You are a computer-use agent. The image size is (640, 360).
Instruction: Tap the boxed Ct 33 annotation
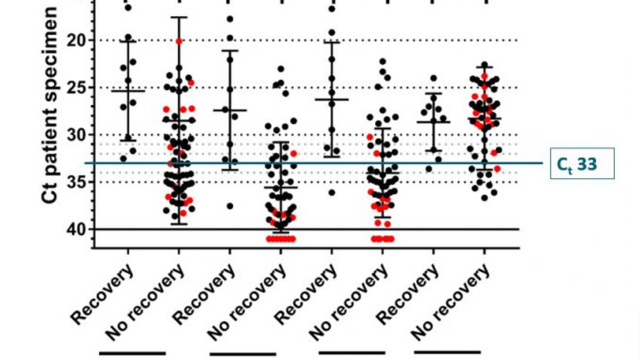pos(582,164)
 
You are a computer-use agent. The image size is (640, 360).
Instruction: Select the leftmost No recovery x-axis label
pos(145,302)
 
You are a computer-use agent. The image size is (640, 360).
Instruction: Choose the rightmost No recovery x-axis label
pos(450,302)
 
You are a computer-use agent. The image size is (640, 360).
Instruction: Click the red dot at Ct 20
pos(179,41)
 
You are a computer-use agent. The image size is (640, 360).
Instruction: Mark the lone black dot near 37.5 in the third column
pos(230,206)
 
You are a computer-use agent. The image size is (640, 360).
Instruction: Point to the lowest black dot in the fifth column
pos(332,193)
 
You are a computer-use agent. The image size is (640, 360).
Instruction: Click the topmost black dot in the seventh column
pos(434,78)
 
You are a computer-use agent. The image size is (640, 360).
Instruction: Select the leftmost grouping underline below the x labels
pos(132,354)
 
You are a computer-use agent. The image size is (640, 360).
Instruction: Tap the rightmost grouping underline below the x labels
pos(447,352)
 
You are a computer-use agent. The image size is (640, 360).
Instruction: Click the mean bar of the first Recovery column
pos(128,91)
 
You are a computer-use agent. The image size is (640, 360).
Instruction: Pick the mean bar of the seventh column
pos(434,122)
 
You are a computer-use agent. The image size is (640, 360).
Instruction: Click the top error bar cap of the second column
pos(179,17)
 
